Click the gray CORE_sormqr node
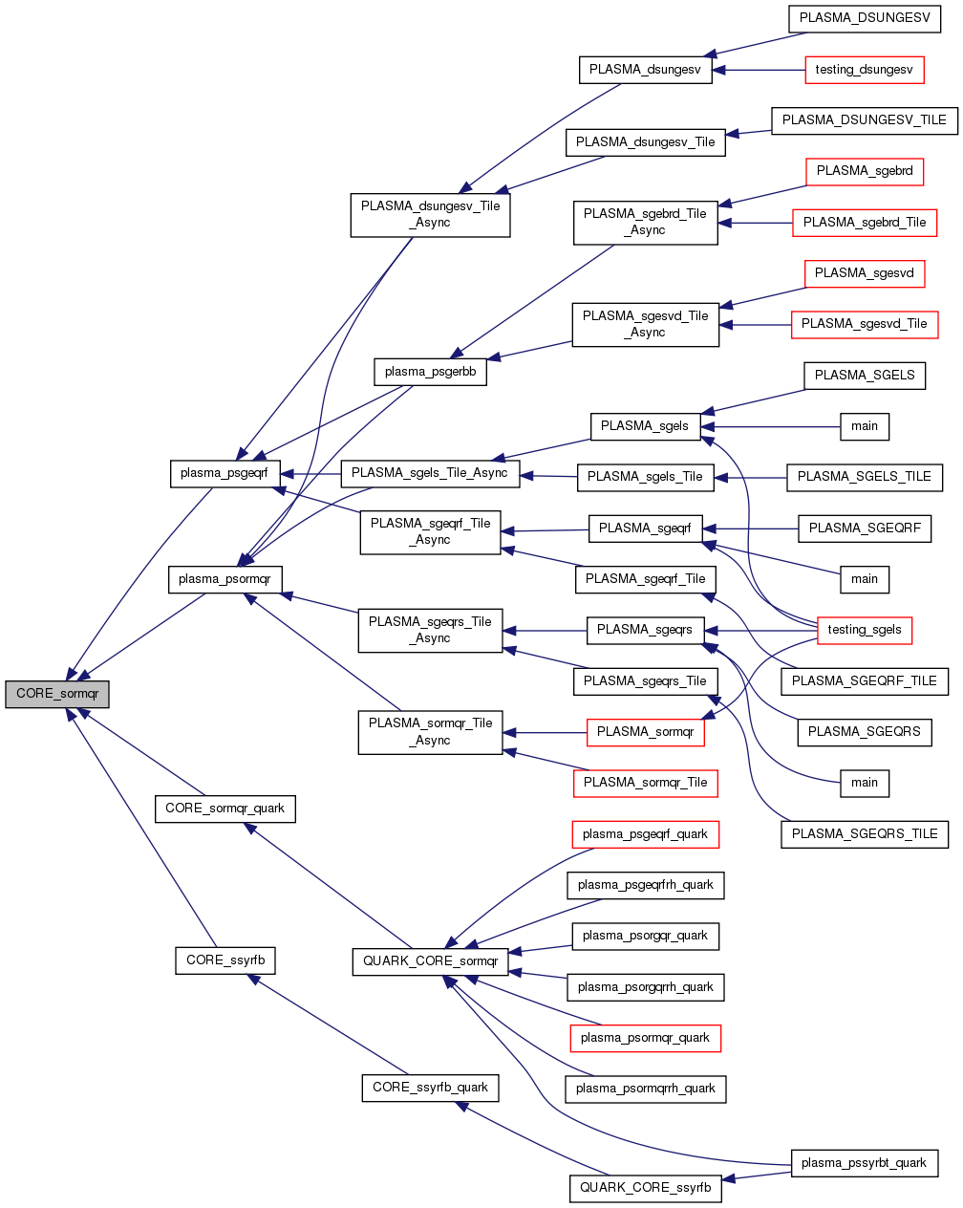click(57, 694)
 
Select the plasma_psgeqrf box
click(225, 473)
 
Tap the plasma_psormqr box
click(225, 579)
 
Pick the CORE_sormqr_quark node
click(225, 809)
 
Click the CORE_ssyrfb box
click(225, 960)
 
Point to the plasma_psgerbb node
click(430, 372)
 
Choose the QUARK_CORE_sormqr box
click(430, 961)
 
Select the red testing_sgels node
click(865, 630)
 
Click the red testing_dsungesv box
click(865, 70)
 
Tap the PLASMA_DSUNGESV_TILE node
click(865, 120)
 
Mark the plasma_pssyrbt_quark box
click(865, 1163)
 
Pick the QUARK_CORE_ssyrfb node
click(646, 1188)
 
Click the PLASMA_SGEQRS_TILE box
click(865, 834)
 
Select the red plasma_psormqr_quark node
click(646, 1038)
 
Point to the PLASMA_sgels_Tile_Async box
click(430, 473)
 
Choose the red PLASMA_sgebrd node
click(865, 171)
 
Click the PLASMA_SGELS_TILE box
click(865, 477)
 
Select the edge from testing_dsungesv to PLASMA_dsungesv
click(760, 70)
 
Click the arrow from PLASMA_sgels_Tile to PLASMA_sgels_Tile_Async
click(549, 476)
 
